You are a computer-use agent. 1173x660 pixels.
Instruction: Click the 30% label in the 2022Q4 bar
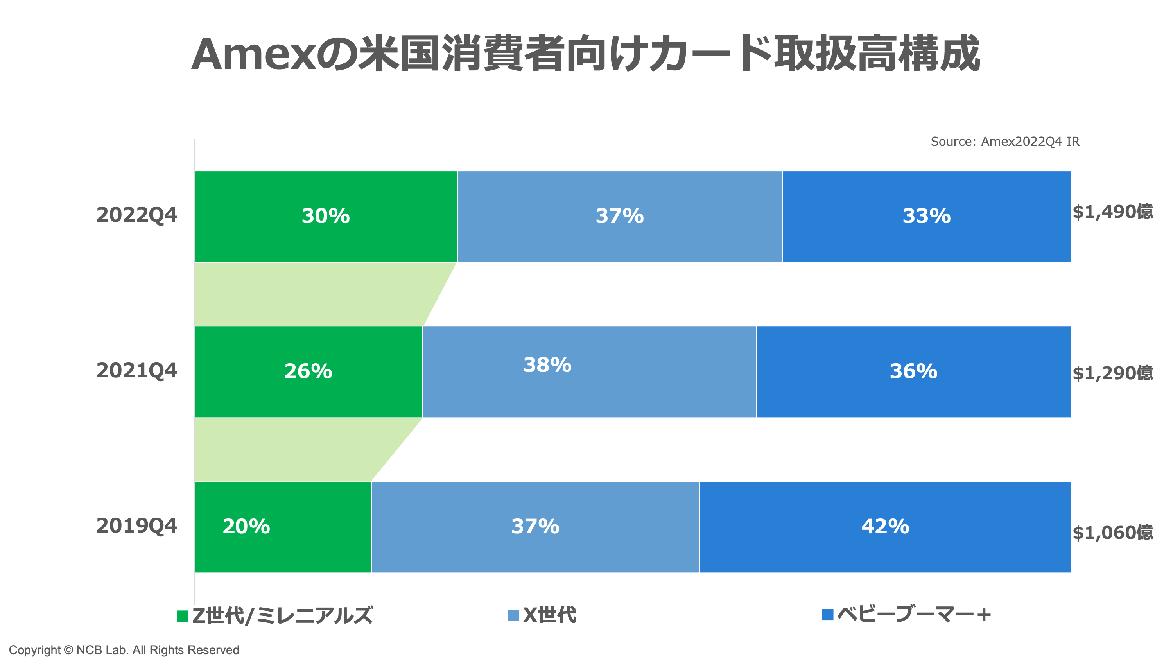click(x=326, y=216)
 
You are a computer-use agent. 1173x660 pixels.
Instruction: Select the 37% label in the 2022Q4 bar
click(x=620, y=216)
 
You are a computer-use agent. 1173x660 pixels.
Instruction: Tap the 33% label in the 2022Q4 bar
click(x=927, y=216)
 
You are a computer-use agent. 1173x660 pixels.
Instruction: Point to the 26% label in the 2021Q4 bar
click(x=308, y=371)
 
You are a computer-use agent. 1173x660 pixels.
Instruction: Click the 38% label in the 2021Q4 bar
click(x=547, y=365)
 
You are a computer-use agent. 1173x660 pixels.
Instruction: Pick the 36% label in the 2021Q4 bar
click(x=913, y=371)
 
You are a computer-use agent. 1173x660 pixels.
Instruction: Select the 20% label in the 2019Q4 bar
click(x=246, y=527)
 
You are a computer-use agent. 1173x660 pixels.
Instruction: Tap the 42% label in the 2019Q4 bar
click(x=885, y=527)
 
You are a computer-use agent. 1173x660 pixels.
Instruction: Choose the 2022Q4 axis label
click(x=136, y=215)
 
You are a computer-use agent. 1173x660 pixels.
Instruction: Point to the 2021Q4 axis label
click(x=136, y=370)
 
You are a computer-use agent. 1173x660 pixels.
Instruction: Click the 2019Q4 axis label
click(x=136, y=525)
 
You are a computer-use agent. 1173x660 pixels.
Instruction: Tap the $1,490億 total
click(x=1113, y=212)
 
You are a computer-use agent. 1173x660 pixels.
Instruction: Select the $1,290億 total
click(x=1113, y=373)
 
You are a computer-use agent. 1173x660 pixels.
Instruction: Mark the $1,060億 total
click(x=1113, y=533)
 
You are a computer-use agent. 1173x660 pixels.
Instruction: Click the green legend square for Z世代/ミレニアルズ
click(x=183, y=616)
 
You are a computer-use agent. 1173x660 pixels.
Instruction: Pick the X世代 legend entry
click(x=549, y=615)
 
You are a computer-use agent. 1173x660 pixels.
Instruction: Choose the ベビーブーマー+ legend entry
click(x=913, y=615)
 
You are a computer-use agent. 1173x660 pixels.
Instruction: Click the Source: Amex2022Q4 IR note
click(x=1004, y=142)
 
